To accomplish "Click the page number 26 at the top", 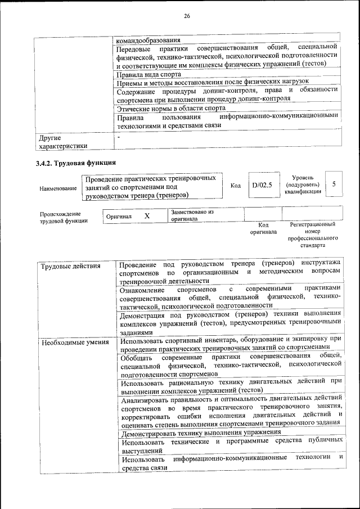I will [x=186, y=16].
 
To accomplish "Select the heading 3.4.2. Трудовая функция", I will [x=76, y=163].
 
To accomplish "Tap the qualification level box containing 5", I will [x=334, y=184].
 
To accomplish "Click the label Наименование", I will [x=58, y=188].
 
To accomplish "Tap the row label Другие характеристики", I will [x=62, y=142].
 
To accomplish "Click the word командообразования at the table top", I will [x=148, y=41].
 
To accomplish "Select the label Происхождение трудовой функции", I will [x=64, y=218].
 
